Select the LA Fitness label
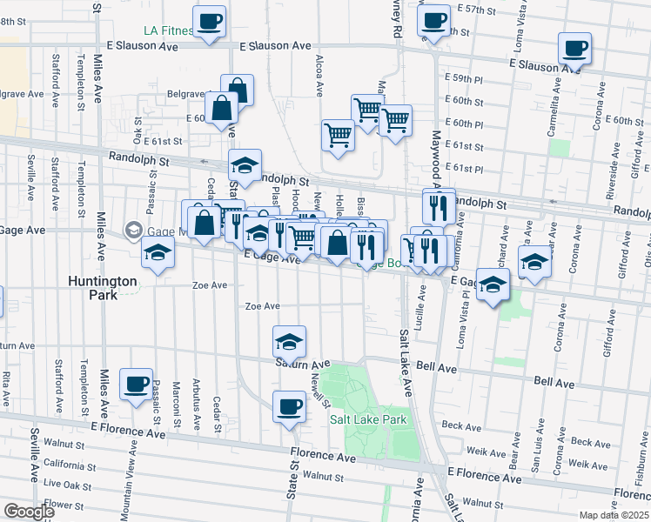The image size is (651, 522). pos(169,30)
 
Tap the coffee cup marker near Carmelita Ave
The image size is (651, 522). pos(574,49)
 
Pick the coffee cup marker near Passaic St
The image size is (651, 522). pos(137,385)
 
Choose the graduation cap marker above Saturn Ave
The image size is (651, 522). pos(290,341)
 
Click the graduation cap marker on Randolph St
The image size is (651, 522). pos(245,166)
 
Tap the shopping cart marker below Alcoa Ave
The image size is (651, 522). pos(338,135)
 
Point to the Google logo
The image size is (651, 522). pos(30,512)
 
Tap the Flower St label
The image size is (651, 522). pos(63,504)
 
